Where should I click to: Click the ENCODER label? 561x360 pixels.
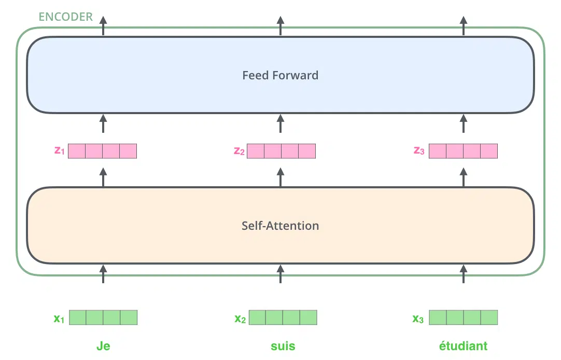pos(65,17)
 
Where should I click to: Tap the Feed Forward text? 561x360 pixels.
pos(280,75)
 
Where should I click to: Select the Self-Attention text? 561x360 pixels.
pos(280,226)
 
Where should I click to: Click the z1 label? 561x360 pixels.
pos(60,150)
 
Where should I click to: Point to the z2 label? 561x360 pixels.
pos(239,151)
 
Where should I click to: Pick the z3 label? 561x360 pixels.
pos(419,150)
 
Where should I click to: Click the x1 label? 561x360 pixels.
pos(59,318)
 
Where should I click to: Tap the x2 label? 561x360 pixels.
pos(240,319)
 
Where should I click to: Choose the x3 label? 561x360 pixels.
pos(418,319)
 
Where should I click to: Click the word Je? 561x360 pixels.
pos(103,346)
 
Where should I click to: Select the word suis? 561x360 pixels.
pos(283,346)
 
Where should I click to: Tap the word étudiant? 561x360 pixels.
pos(463,345)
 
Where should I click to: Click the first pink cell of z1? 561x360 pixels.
pos(77,151)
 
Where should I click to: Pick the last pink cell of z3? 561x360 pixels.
pos(489,151)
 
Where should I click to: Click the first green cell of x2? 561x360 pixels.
pos(257,317)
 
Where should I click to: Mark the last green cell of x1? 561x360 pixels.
pos(129,317)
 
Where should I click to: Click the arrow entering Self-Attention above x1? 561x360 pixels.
pos(103,274)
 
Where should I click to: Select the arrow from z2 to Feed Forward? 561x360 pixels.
pos(280,123)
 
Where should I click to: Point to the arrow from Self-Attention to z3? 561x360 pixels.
pos(464,177)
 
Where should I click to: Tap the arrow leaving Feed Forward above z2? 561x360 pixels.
pos(280,26)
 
